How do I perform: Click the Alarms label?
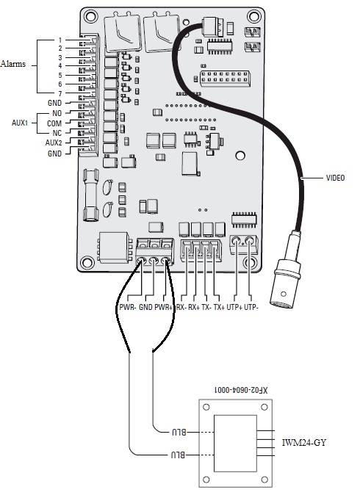click(x=13, y=64)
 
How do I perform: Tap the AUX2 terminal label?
click(x=54, y=142)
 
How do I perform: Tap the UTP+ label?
click(x=234, y=306)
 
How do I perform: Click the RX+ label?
click(x=196, y=306)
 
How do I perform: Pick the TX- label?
click(x=207, y=306)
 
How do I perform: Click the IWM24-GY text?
click(x=303, y=443)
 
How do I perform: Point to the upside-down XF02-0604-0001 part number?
click(x=236, y=389)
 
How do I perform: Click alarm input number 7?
click(x=60, y=94)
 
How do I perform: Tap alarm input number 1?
click(x=60, y=39)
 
